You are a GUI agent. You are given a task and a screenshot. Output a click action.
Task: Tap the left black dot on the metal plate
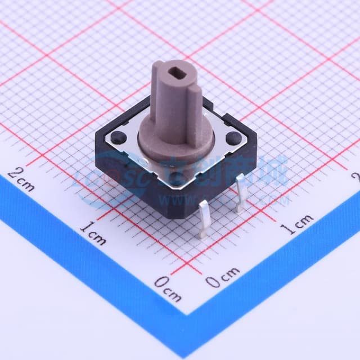tap(120, 137)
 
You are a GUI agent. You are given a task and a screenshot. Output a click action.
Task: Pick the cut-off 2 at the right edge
tap(355, 177)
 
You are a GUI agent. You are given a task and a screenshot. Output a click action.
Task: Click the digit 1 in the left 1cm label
tap(84, 227)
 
